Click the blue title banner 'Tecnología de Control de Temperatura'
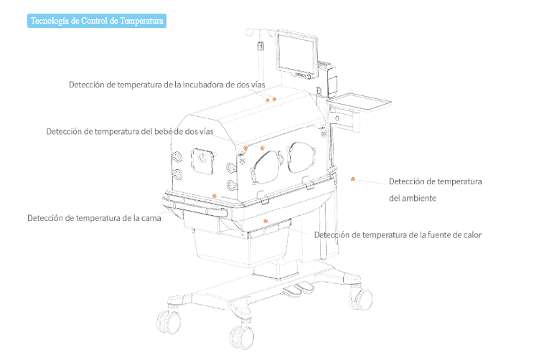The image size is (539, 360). [97, 21]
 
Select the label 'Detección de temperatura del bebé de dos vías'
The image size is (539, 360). [130, 131]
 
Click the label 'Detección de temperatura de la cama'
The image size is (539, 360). [94, 218]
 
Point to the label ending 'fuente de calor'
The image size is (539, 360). [398, 235]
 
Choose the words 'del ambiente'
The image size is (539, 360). [413, 197]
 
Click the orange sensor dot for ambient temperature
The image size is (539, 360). [352, 179]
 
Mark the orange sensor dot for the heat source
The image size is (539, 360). [266, 220]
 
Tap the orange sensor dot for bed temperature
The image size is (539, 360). [214, 195]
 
